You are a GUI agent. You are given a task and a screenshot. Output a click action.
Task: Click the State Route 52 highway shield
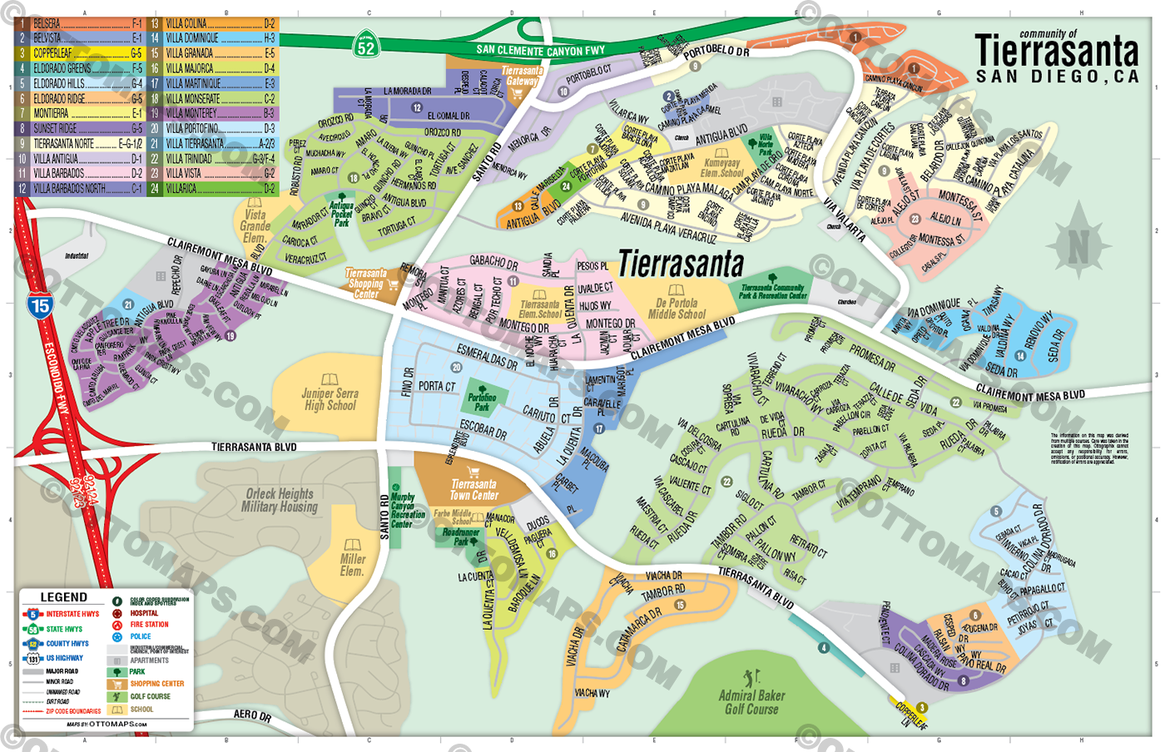click(x=366, y=45)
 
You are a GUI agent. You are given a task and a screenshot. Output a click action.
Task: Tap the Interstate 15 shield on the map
click(x=39, y=304)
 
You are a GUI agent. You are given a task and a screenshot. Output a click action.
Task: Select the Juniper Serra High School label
click(x=330, y=399)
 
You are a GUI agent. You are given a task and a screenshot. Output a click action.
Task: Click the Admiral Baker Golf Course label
click(x=751, y=702)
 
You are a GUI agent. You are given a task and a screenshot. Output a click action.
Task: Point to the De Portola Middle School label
click(x=677, y=309)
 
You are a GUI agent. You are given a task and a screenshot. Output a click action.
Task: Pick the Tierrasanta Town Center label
click(x=473, y=489)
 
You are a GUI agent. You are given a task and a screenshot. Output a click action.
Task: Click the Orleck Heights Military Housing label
click(x=280, y=500)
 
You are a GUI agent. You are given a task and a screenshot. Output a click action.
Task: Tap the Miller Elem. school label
click(x=352, y=565)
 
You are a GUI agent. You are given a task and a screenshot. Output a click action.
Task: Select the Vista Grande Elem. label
click(x=255, y=225)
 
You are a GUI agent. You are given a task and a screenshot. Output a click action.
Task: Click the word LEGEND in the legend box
click(x=63, y=597)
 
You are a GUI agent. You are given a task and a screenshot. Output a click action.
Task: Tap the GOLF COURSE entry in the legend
click(x=150, y=696)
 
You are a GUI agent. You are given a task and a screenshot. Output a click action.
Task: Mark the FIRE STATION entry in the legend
click(x=149, y=624)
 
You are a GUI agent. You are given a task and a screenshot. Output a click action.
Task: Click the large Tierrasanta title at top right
click(x=1056, y=52)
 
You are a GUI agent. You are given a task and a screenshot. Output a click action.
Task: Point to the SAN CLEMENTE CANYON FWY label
click(x=540, y=51)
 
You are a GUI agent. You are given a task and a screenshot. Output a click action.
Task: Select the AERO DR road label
click(x=252, y=715)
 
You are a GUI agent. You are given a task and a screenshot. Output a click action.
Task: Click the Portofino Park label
click(x=482, y=403)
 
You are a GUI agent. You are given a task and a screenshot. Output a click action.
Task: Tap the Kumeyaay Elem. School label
click(x=721, y=168)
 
